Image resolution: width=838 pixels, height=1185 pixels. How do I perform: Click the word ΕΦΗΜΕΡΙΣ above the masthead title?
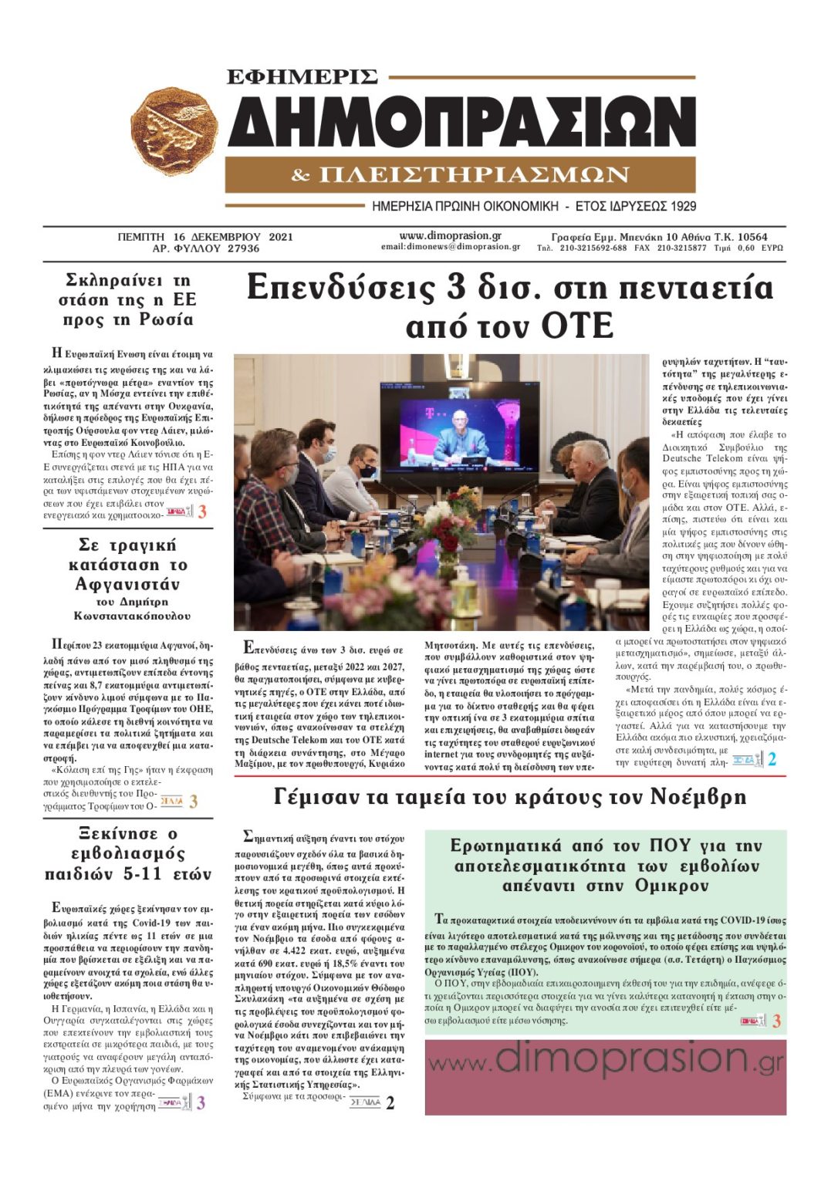pos(302,77)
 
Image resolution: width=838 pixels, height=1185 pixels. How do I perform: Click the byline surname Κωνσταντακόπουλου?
pos(132,616)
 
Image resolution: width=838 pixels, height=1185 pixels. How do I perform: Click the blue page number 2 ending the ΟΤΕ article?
pos(772,759)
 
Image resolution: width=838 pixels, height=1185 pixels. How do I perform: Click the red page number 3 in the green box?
pos(776,1021)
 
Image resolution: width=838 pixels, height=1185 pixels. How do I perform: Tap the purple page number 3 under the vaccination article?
pos(201,1103)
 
